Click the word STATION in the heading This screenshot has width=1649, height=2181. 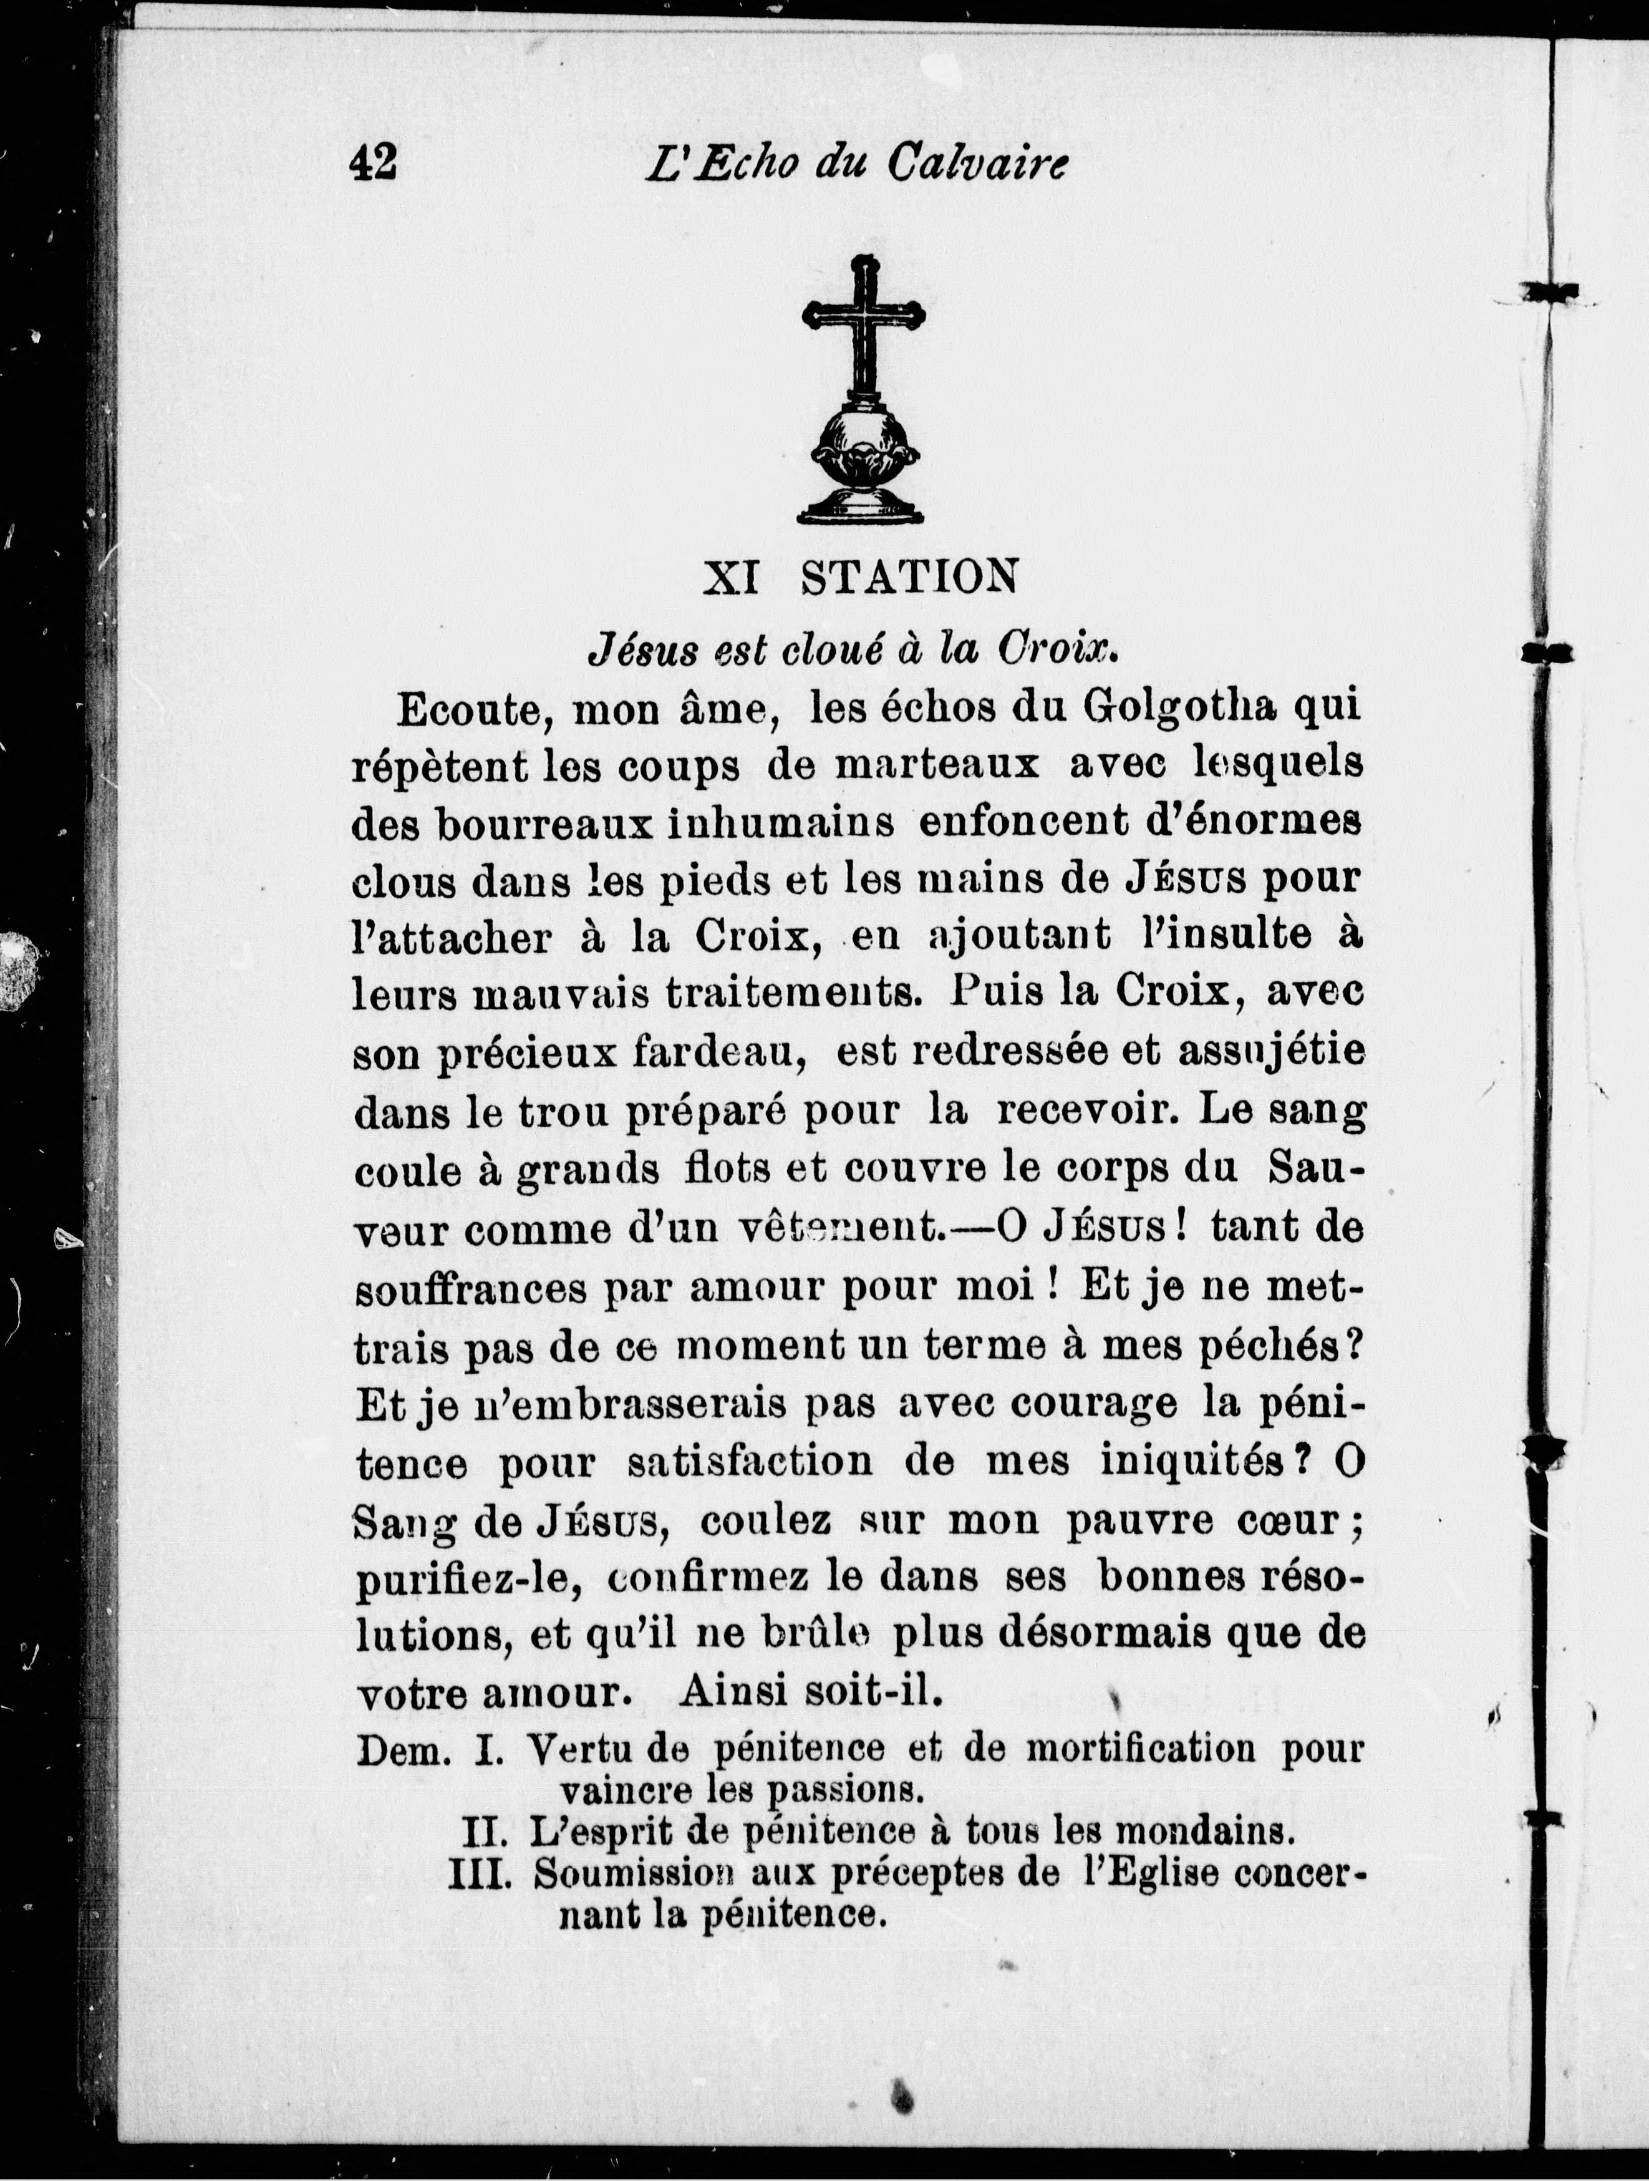(x=909, y=579)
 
